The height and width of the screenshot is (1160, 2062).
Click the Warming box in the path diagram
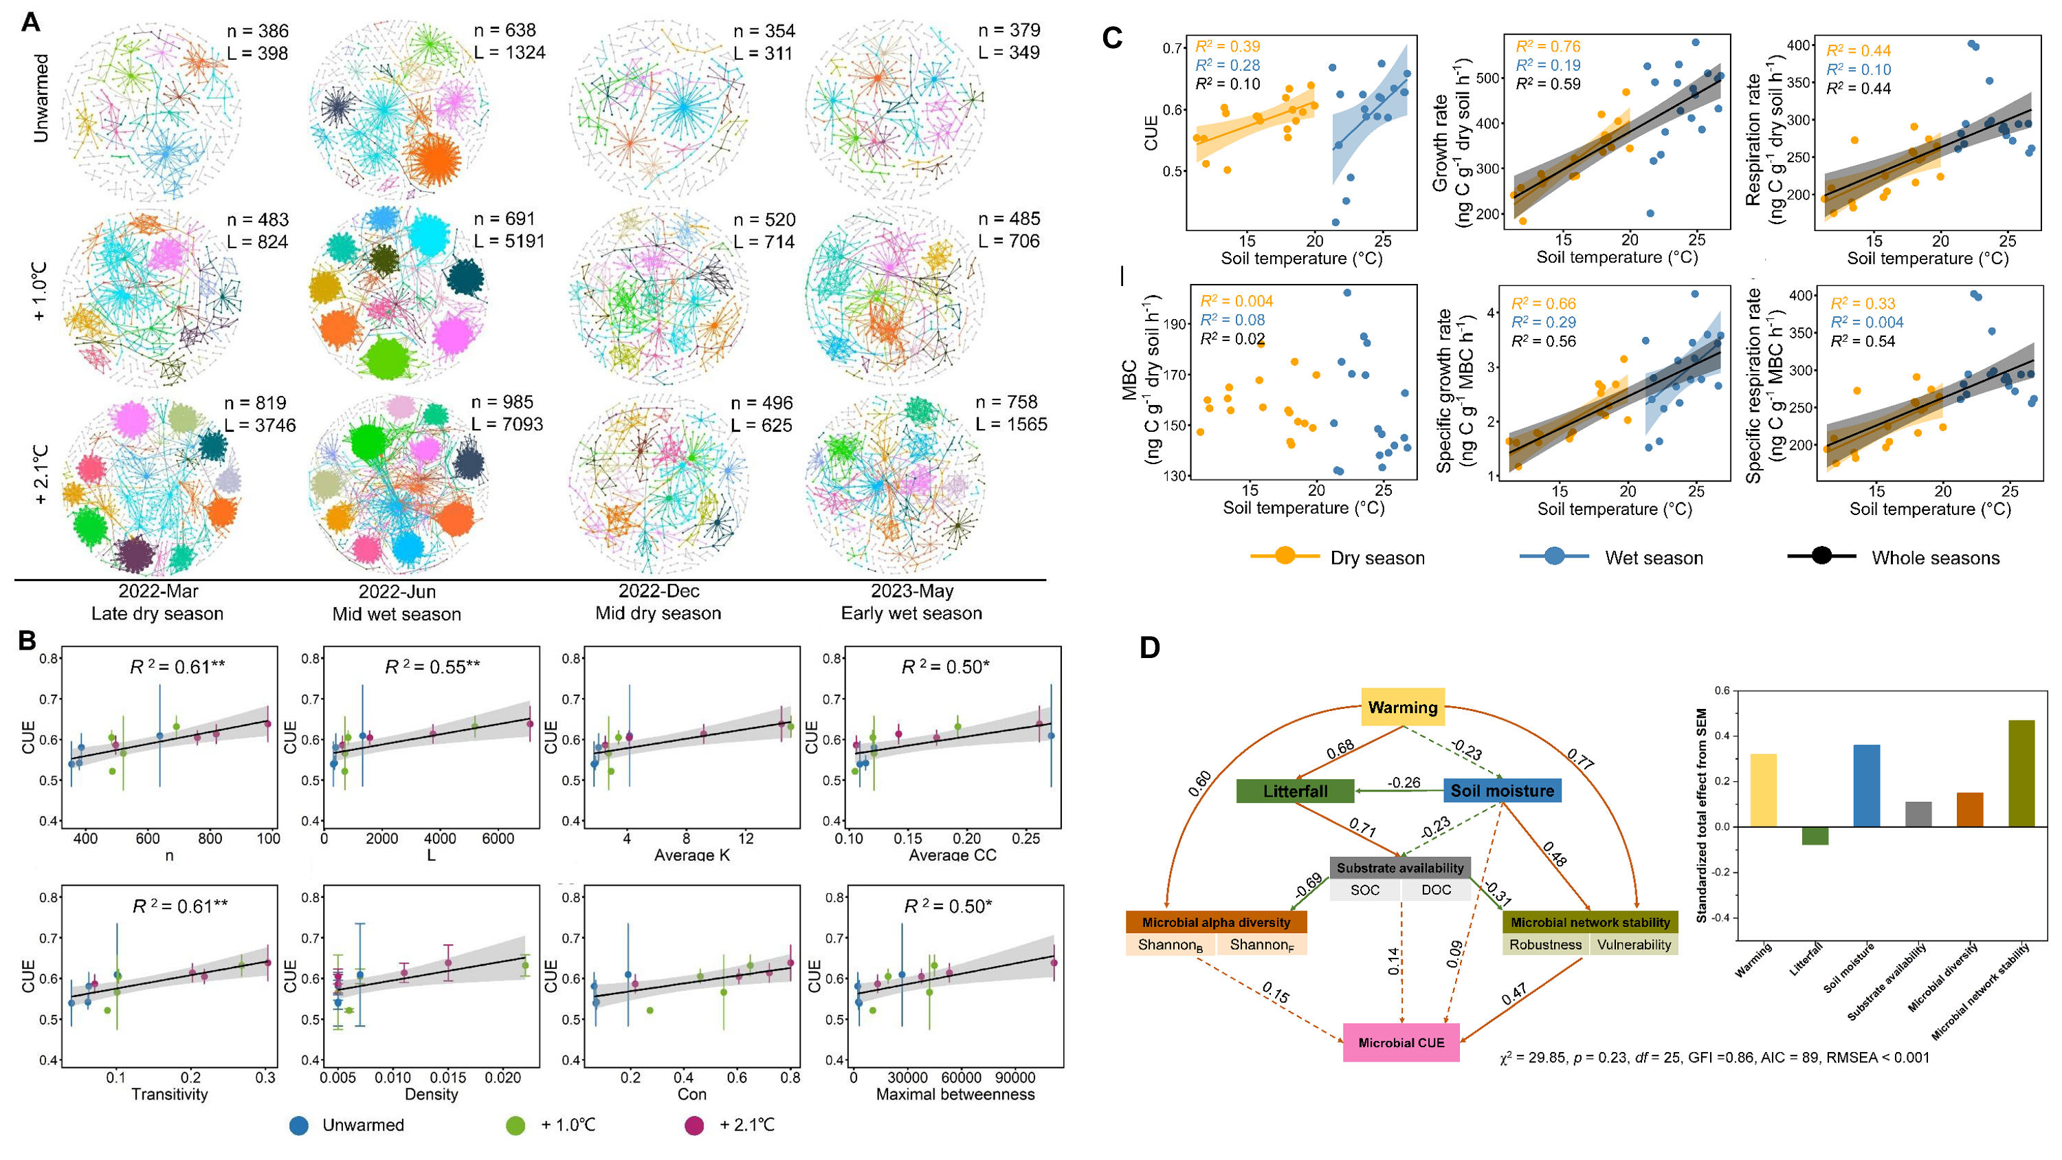tap(1402, 707)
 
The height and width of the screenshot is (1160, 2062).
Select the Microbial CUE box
tap(1401, 1042)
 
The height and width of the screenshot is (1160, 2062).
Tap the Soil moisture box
tap(1502, 791)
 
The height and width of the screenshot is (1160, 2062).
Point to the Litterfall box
tap(1295, 791)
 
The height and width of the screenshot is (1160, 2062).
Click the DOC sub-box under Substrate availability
tap(1436, 889)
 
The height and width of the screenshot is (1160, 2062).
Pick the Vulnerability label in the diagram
tap(1634, 945)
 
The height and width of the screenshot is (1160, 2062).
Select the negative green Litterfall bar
tap(1815, 835)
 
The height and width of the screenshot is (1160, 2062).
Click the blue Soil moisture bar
tap(1867, 785)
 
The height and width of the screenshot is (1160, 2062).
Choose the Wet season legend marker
tap(1553, 556)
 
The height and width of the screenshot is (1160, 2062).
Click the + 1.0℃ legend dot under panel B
tap(515, 1126)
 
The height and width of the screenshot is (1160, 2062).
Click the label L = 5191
tap(509, 241)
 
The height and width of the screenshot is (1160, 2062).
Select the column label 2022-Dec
tap(658, 591)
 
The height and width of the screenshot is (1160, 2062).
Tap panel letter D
tap(1149, 648)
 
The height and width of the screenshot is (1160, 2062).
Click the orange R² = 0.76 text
tap(1548, 47)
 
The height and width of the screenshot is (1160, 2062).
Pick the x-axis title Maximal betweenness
tap(955, 1095)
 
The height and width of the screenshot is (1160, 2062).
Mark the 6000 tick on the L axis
tap(498, 838)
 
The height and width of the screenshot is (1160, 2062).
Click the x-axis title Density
tap(432, 1095)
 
